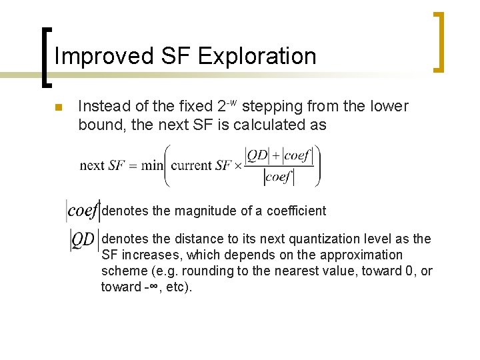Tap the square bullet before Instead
pos(58,107)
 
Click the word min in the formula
pos(153,165)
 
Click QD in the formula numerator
pos(257,155)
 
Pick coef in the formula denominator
pos(280,177)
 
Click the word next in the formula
pos(91,165)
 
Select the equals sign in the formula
pos(133,165)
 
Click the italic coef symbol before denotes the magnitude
pos(83,211)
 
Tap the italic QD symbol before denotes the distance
pos(83,240)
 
